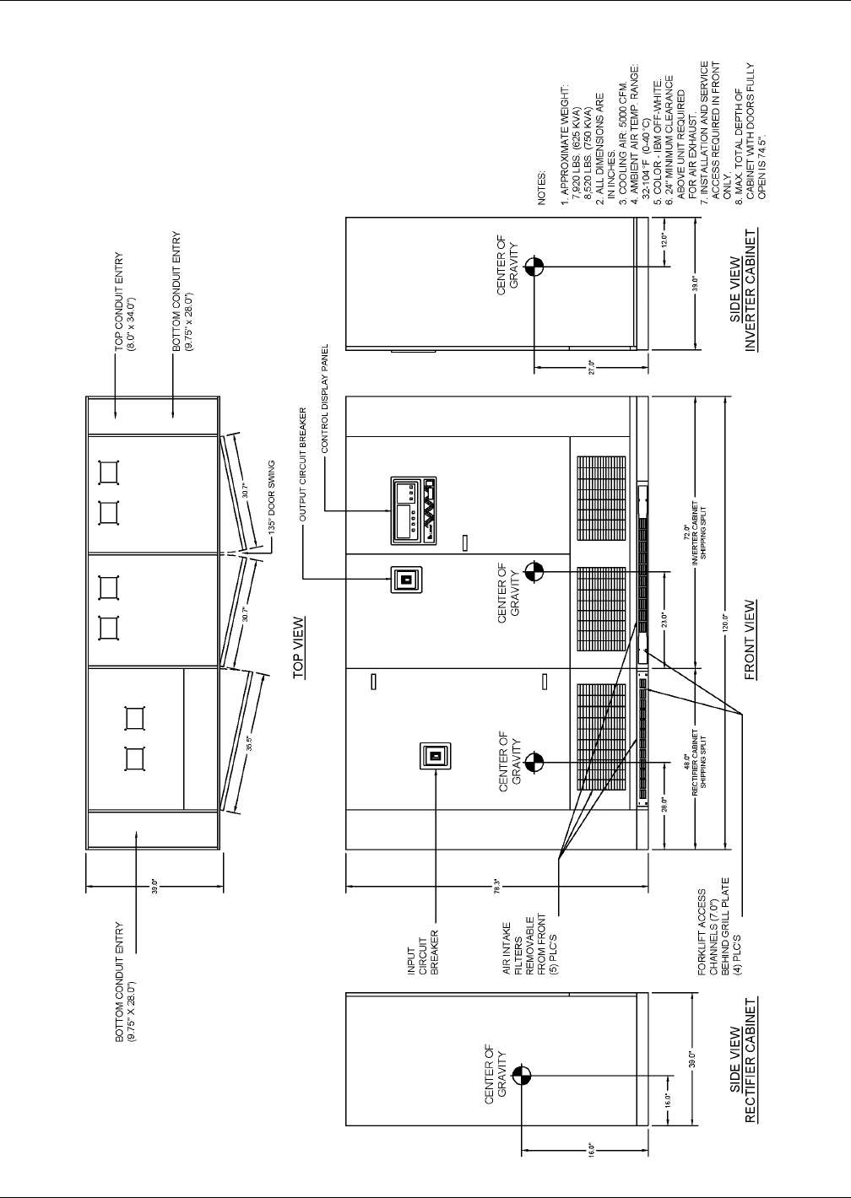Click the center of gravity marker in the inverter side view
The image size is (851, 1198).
[534, 267]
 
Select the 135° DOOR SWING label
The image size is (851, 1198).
[273, 505]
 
